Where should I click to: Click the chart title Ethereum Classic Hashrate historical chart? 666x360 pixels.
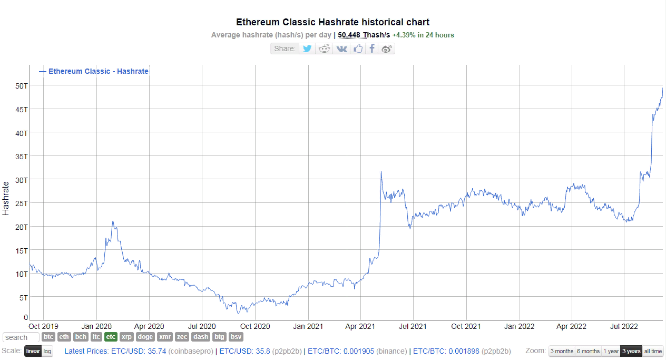click(332, 22)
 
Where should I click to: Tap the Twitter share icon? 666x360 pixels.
click(307, 48)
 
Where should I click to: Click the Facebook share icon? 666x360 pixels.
click(372, 48)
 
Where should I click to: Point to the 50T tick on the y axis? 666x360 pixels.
click(22, 85)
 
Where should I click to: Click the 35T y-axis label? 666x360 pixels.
click(22, 156)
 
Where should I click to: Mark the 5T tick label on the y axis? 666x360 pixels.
click(23, 297)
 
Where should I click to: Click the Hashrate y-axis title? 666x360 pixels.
click(6, 198)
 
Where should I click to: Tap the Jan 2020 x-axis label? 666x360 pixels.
click(96, 326)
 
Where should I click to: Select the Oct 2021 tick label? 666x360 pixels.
click(466, 326)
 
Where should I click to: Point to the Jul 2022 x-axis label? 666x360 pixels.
click(624, 326)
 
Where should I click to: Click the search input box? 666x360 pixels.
click(21, 337)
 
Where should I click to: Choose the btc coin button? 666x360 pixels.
click(48, 337)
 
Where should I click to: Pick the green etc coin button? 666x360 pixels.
click(111, 337)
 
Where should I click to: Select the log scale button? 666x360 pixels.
click(47, 351)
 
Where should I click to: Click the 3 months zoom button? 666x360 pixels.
click(561, 351)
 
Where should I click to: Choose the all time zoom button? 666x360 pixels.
click(653, 351)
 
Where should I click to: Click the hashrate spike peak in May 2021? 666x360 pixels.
click(380, 172)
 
